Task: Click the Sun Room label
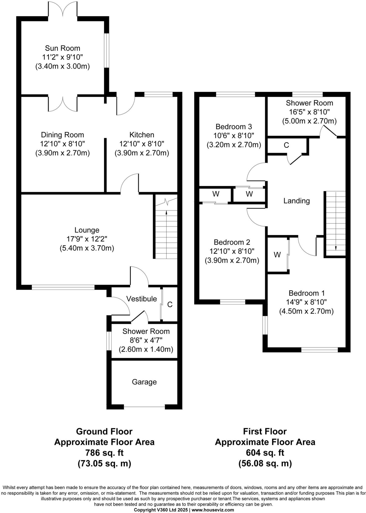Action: point(62,48)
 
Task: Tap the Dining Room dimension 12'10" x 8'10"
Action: point(62,144)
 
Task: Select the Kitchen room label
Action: point(142,135)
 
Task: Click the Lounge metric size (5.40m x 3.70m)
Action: point(87,248)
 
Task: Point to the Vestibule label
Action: point(141,299)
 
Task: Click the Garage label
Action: point(144,382)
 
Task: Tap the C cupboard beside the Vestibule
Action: point(170,304)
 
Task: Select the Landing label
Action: point(296,201)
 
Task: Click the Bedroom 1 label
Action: point(306,293)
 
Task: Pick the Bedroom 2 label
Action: point(232,242)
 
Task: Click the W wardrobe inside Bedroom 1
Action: point(277,255)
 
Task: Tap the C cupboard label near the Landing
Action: point(286,145)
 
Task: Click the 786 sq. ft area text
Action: point(104,453)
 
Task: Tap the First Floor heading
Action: point(265,431)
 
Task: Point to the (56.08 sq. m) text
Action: point(265,463)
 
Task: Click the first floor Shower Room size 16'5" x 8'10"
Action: point(309,112)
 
